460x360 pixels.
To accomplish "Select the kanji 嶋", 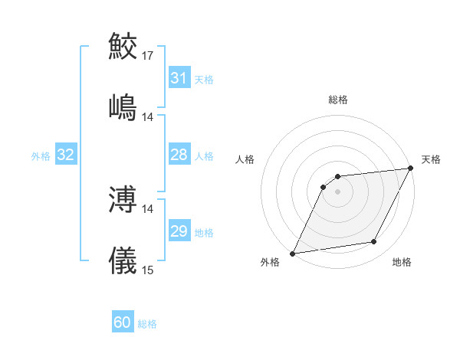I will click(123, 106).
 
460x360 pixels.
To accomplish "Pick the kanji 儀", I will click(123, 260).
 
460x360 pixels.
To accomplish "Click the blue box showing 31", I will click(179, 78).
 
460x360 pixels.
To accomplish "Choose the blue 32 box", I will click(66, 155).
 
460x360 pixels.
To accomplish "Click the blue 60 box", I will click(123, 322).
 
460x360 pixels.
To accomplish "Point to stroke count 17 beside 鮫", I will click(148, 56).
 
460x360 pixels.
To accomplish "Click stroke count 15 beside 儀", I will click(148, 270).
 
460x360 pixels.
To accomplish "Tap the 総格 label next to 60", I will click(147, 324).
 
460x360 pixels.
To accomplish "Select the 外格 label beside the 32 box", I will click(41, 156).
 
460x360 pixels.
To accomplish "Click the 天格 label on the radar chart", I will click(431, 159).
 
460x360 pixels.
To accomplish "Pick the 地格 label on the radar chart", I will click(402, 263).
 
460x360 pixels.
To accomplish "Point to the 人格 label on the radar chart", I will click(245, 159).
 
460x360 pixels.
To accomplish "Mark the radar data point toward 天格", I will click(411, 169).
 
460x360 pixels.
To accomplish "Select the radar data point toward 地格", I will click(374, 242).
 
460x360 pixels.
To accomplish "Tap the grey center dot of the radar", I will click(337, 191).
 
